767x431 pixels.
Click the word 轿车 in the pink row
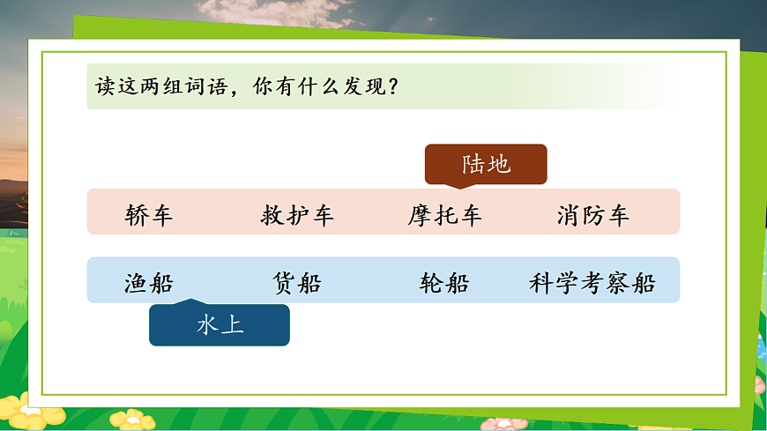(149, 215)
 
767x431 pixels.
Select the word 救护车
(297, 215)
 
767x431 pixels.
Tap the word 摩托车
(445, 215)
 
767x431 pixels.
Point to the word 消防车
(593, 215)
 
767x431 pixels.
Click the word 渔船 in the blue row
(149, 284)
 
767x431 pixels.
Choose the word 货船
(297, 284)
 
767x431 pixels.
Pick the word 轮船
(445, 284)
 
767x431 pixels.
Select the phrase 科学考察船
(592, 284)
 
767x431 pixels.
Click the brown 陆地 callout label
(486, 165)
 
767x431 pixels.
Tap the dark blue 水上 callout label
(220, 325)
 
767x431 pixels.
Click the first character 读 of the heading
(105, 87)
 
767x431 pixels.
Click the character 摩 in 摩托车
(420, 215)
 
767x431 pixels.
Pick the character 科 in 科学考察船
(541, 284)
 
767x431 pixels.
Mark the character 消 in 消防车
(569, 215)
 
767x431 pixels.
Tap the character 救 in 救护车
(272, 215)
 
